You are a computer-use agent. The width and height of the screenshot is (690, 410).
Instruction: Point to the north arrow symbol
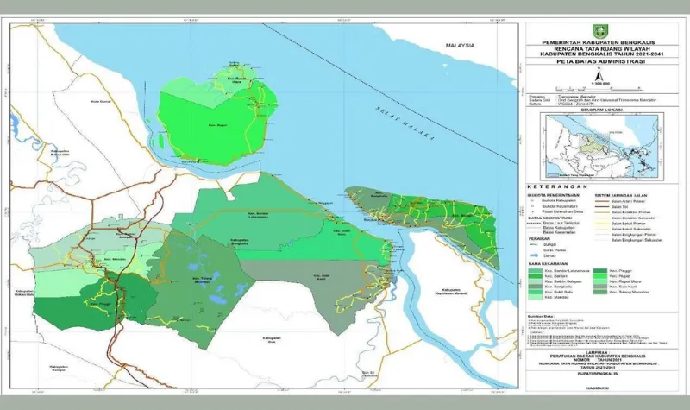[x=594, y=76]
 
